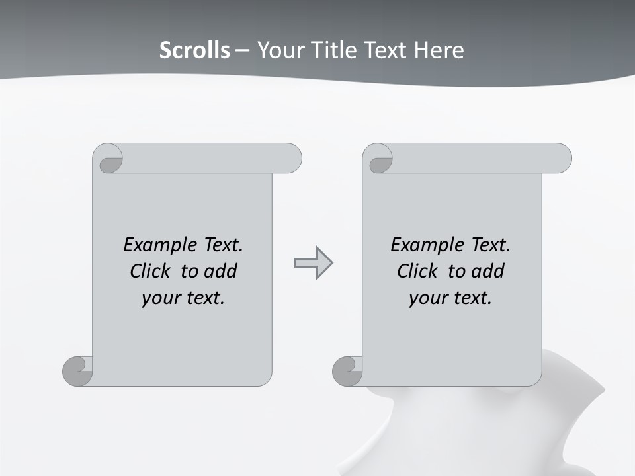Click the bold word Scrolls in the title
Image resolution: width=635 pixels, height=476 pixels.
click(x=194, y=50)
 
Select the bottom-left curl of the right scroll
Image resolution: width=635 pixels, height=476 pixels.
click(x=347, y=371)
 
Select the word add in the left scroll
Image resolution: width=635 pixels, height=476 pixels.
click(x=221, y=272)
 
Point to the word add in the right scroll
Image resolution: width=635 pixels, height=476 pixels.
click(x=488, y=272)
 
